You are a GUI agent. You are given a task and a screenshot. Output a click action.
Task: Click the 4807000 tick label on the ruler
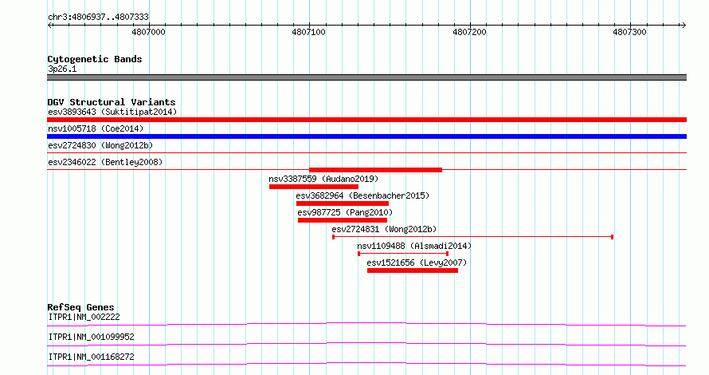[148, 32]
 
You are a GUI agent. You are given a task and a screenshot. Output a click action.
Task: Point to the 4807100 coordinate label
[309, 32]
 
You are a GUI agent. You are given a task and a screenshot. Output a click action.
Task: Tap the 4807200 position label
[469, 32]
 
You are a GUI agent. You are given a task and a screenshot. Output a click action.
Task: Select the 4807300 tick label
[629, 32]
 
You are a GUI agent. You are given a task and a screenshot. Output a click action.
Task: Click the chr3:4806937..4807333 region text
[98, 17]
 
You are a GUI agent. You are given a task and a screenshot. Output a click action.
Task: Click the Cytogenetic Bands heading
[95, 59]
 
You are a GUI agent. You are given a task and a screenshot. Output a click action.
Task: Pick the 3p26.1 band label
[62, 69]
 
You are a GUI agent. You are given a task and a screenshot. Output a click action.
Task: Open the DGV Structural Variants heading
[112, 102]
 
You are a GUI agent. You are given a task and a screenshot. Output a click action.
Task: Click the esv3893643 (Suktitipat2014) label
[112, 112]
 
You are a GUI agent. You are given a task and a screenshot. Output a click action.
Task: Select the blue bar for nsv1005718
[366, 136]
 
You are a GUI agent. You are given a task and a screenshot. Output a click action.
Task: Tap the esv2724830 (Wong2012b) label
[100, 145]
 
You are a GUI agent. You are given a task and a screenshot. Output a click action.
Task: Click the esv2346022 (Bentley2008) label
[105, 162]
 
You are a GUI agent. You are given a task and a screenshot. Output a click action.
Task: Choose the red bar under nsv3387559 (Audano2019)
[314, 187]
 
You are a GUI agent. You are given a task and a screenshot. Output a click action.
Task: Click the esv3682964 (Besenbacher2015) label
[362, 195]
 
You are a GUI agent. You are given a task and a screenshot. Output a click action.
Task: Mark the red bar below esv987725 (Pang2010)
[343, 220]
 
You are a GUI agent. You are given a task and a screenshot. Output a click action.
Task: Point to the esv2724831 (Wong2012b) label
[384, 229]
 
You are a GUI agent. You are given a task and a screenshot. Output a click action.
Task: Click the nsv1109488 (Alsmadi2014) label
[414, 246]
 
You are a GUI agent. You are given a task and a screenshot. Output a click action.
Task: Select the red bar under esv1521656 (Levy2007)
[413, 270]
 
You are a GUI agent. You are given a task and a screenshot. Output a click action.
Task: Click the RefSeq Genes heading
[80, 307]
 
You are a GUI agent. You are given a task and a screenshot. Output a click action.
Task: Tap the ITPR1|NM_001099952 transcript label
[92, 337]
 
